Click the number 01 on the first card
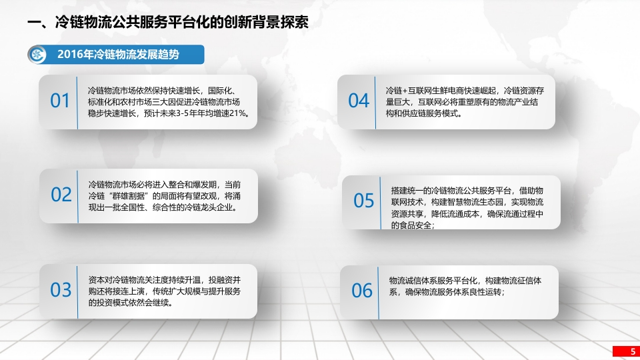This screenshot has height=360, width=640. [x=59, y=101]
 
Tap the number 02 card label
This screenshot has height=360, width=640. [x=61, y=195]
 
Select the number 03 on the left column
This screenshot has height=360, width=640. [x=61, y=290]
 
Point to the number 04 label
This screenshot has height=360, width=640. [x=359, y=101]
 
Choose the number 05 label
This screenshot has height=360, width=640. [x=363, y=201]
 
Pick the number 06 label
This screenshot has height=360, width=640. [x=361, y=291]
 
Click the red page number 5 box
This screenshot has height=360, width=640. [x=626, y=351]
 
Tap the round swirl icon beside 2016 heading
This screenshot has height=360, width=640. [x=37, y=54]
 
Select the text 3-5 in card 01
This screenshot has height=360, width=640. [x=184, y=113]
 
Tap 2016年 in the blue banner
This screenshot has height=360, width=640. [x=75, y=54]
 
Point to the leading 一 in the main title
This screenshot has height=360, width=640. [x=34, y=23]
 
